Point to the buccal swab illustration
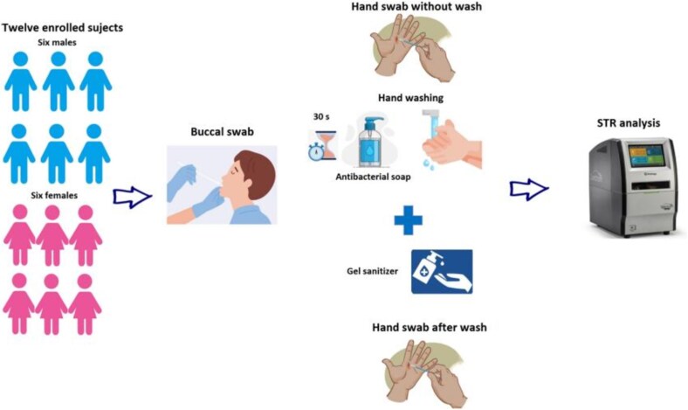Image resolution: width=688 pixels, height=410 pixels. click(x=221, y=184)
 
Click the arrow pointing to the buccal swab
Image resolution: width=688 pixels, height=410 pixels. click(x=132, y=194)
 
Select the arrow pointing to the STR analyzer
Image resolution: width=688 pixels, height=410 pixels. click(x=529, y=187)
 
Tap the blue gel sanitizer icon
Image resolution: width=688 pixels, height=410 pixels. click(x=441, y=271)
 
